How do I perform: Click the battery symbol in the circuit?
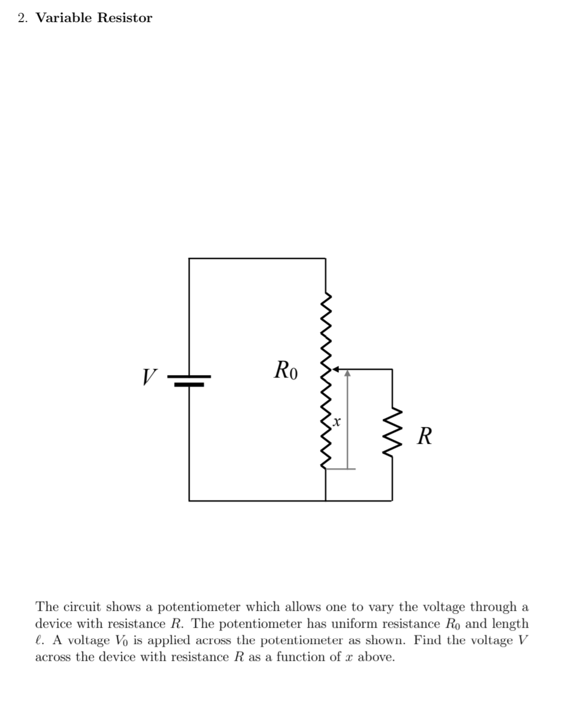189,380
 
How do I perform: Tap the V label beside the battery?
150,376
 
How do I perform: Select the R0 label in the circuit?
286,370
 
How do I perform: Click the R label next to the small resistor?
425,436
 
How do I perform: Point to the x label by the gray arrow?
337,420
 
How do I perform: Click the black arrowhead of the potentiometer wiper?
335,369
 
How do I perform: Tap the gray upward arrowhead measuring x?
347,374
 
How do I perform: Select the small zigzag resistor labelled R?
392,432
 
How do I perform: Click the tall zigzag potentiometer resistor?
326,381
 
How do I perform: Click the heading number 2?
22,18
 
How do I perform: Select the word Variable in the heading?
63,18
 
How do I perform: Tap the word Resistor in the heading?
125,18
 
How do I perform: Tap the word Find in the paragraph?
428,641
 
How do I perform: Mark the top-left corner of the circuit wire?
189,258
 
